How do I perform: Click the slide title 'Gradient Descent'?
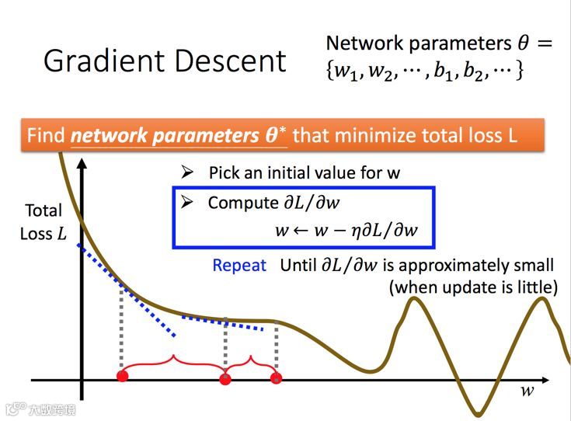click(x=165, y=61)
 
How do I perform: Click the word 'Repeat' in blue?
click(x=239, y=266)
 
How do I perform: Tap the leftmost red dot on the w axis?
click(x=121, y=377)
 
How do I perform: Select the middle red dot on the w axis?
click(x=225, y=379)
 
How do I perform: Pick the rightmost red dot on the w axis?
click(x=276, y=378)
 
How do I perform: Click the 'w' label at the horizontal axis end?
click(x=527, y=391)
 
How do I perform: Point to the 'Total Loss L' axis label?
click(x=44, y=222)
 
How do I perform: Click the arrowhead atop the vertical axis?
click(x=81, y=165)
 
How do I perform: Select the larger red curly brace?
click(x=172, y=361)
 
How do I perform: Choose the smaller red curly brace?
click(x=250, y=361)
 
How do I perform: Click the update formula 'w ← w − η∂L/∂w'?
click(x=346, y=231)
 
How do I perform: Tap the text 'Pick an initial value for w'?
click(x=304, y=172)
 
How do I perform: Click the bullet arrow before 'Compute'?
click(x=186, y=203)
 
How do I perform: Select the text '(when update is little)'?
click(x=473, y=287)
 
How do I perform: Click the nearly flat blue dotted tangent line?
click(x=228, y=321)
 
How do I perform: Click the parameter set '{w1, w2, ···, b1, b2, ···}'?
click(x=425, y=71)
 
